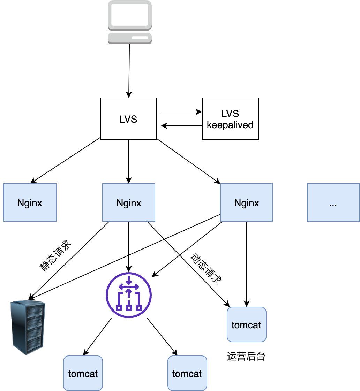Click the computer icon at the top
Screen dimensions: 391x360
(129, 22)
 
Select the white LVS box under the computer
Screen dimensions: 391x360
(128, 119)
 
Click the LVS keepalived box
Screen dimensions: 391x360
(230, 119)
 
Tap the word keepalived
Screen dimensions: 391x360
(230, 125)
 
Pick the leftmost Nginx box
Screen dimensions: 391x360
(30, 202)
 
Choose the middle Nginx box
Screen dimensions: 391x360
(129, 202)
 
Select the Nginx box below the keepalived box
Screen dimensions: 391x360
(246, 202)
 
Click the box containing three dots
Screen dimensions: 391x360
(333, 202)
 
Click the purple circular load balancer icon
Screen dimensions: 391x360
(129, 295)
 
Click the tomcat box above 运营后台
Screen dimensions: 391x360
(246, 324)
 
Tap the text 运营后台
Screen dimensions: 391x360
(246, 356)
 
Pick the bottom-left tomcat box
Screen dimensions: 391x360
(83, 373)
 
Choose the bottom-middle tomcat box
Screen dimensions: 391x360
(187, 373)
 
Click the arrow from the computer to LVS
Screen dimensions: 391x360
(129, 70)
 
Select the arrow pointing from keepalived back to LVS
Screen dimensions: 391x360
(181, 125)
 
